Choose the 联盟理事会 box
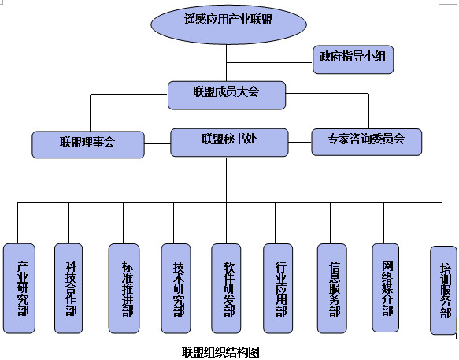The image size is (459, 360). [87, 143]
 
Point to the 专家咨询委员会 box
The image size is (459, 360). [367, 142]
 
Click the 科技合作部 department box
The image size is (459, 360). [69, 288]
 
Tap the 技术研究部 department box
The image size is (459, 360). [176, 288]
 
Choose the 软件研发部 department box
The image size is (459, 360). [228, 288]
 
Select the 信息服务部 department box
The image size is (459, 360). [332, 288]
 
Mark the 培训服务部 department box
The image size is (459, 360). [444, 290]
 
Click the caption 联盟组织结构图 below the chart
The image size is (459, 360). [220, 352]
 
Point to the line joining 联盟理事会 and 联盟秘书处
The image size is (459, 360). [157, 143]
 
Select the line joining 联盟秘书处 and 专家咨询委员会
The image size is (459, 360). [298, 142]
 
